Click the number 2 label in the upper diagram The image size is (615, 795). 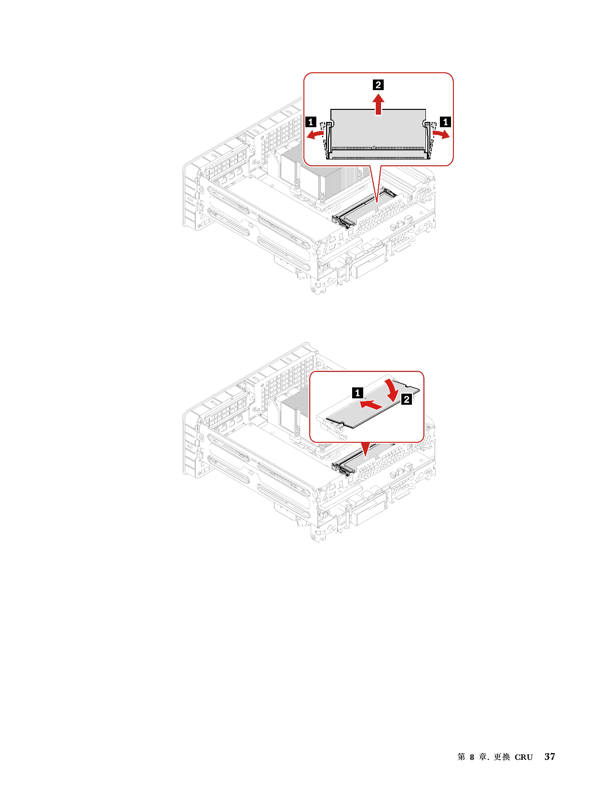pyautogui.click(x=378, y=85)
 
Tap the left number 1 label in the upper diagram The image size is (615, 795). pyautogui.click(x=311, y=122)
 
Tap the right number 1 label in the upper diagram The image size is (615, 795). pyautogui.click(x=445, y=122)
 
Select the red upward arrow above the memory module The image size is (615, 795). pyautogui.click(x=379, y=105)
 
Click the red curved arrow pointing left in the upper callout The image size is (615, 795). pyautogui.click(x=315, y=135)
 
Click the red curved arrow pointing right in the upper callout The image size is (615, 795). pyautogui.click(x=441, y=134)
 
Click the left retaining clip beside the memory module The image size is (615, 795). pyautogui.click(x=328, y=140)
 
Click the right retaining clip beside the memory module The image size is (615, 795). pyautogui.click(x=428, y=140)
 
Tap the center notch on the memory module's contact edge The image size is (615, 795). pyautogui.click(x=374, y=148)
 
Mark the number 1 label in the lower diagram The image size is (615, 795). pyautogui.click(x=357, y=393)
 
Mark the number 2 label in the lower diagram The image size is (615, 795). pyautogui.click(x=406, y=399)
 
